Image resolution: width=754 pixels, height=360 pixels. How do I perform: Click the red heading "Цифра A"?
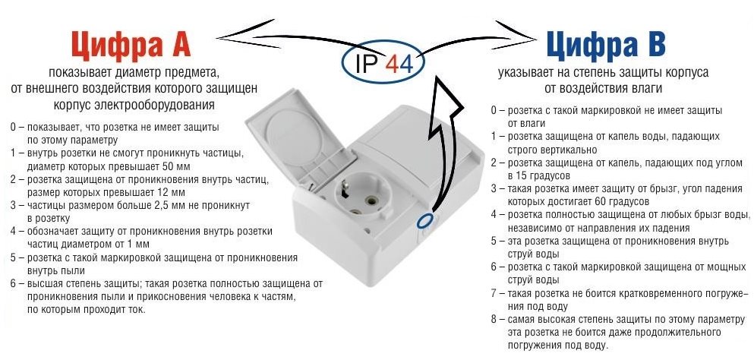coord(131,46)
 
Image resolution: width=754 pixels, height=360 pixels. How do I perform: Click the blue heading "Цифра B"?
coord(606,45)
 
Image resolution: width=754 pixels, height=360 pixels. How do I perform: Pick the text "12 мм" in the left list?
coord(171,192)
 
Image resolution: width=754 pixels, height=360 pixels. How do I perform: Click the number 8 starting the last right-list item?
coord(494,319)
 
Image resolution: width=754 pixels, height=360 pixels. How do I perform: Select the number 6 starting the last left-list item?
coord(14,283)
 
